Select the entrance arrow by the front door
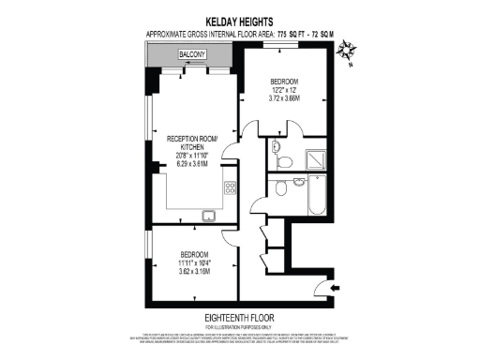[337, 286]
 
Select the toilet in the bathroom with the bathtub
[280, 188]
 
